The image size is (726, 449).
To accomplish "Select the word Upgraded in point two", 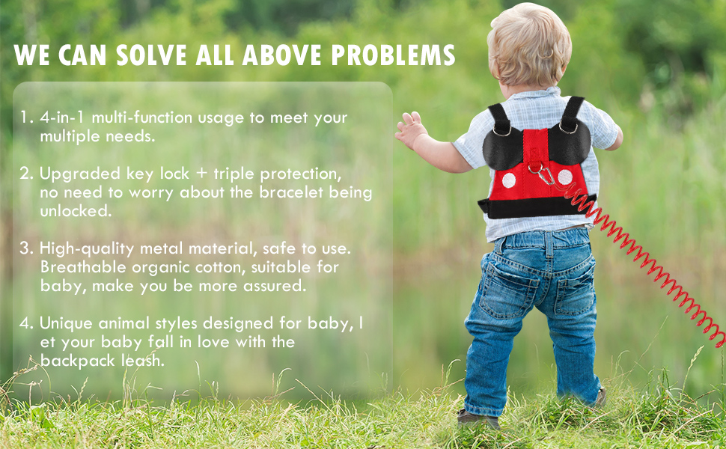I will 72,174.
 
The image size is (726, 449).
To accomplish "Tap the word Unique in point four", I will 63,323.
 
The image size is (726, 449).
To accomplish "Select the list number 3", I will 26,248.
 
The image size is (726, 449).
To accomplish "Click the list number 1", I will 26,118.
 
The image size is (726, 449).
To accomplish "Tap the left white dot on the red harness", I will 508,180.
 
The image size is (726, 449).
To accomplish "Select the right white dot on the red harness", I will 565,177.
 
